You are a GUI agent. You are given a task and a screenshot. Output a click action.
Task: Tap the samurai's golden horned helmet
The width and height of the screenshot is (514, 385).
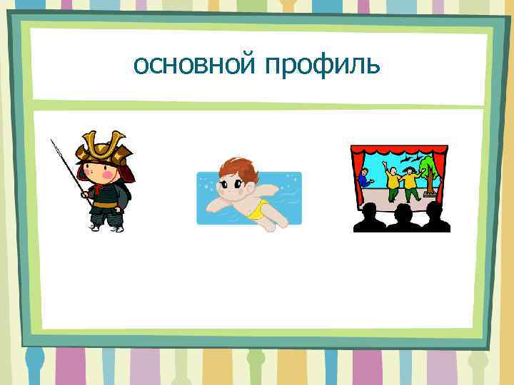pyautogui.click(x=104, y=146)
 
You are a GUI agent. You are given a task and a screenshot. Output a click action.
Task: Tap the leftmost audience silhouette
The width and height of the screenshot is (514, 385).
pyautogui.click(x=370, y=217)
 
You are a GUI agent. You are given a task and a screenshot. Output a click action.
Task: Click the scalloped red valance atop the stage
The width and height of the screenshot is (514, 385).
pyautogui.click(x=399, y=150)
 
